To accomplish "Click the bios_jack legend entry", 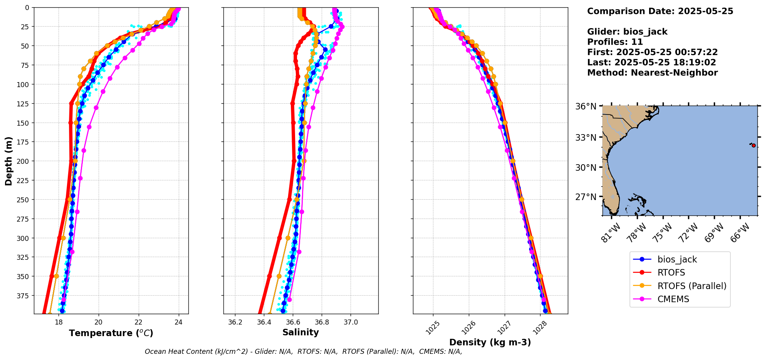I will pyautogui.click(x=677, y=259).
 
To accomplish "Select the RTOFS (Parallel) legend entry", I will pyautogui.click(x=692, y=286).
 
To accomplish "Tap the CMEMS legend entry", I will pyautogui.click(x=673, y=299).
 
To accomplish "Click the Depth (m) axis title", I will pyautogui.click(x=9, y=161).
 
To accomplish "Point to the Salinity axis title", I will pyautogui.click(x=300, y=333).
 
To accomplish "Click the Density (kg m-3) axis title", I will pyautogui.click(x=490, y=342).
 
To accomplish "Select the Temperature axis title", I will pyautogui.click(x=111, y=333).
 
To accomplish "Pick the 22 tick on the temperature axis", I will pyautogui.click(x=139, y=322).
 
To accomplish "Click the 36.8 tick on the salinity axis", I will pyautogui.click(x=322, y=322).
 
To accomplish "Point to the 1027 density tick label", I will pyautogui.click(x=504, y=328).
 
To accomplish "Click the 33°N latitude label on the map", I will pyautogui.click(x=586, y=138).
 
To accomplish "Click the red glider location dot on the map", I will pyautogui.click(x=754, y=145).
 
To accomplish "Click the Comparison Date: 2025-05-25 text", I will pyautogui.click(x=660, y=11).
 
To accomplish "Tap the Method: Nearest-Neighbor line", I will pyautogui.click(x=652, y=73).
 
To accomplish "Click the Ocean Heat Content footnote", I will pyautogui.click(x=303, y=352).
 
